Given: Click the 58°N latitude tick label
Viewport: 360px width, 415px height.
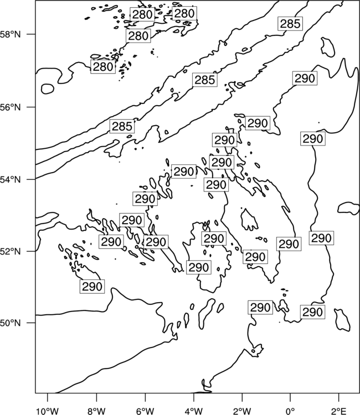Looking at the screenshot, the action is click(x=10, y=34).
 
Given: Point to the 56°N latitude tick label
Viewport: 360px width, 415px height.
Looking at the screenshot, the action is click(x=10, y=107).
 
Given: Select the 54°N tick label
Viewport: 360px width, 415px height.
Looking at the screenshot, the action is click(x=10, y=180).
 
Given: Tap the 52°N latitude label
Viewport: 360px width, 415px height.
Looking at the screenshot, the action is click(x=10, y=251).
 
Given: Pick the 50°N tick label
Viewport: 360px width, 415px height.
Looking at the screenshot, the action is click(x=10, y=323).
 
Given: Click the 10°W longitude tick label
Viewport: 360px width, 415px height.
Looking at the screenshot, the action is click(x=48, y=411).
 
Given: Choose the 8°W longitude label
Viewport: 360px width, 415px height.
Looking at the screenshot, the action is click(x=96, y=411).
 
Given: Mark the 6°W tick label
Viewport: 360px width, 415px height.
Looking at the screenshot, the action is click(x=145, y=411).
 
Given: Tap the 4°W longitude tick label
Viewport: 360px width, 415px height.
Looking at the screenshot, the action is click(x=193, y=411).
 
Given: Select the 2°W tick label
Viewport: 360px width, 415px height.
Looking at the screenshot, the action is click(x=242, y=411).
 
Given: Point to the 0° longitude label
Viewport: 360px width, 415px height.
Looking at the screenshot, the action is click(x=290, y=411).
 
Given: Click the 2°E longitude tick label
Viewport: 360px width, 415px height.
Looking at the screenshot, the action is click(x=339, y=411).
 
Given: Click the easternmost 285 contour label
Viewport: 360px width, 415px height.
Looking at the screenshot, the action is click(x=290, y=24).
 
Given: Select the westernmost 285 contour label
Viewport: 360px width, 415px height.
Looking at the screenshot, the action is click(x=122, y=126).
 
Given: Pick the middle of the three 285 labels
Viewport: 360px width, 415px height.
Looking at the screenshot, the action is click(x=205, y=80).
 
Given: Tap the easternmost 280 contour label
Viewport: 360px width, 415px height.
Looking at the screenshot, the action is click(x=184, y=13).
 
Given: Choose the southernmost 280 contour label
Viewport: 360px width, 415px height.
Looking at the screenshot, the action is click(x=103, y=67).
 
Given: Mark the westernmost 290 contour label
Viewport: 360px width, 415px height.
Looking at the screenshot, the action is click(x=92, y=287).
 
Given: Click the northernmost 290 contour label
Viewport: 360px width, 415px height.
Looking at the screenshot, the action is click(x=305, y=78).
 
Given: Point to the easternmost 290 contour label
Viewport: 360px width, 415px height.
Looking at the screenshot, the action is click(x=321, y=238).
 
